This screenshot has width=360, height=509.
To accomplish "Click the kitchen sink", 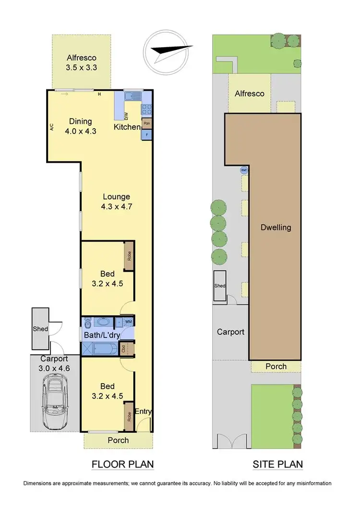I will click(x=131, y=97).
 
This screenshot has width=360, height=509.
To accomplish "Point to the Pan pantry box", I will click(x=147, y=123).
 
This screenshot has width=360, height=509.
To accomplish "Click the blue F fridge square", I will click(x=147, y=135).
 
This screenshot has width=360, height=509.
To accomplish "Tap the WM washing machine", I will click(x=128, y=321).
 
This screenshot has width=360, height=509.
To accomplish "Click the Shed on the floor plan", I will click(x=40, y=329).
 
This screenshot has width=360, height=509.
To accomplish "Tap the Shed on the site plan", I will click(x=220, y=286).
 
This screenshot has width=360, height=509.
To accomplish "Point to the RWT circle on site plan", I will click(x=244, y=170).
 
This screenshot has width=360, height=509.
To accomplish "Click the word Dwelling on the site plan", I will click(x=276, y=227).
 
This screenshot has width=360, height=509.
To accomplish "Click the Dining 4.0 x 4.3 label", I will click(x=81, y=125).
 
